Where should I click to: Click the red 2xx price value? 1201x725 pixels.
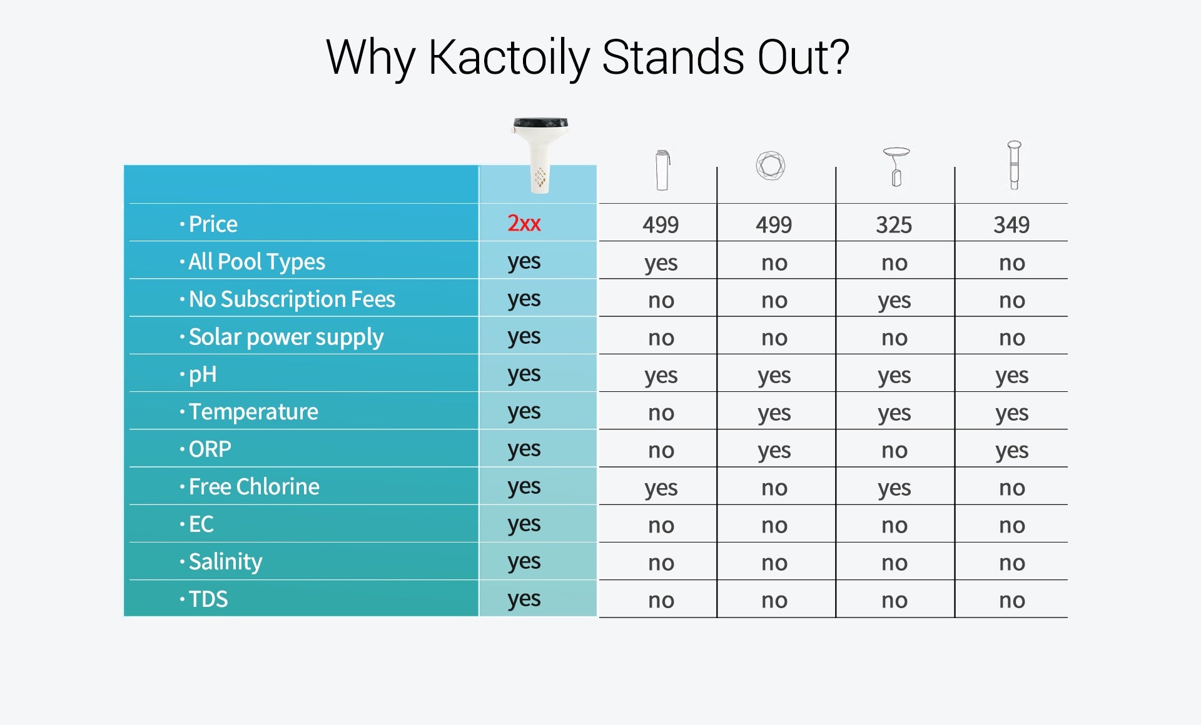[524, 223]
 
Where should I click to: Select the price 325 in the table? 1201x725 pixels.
[894, 224]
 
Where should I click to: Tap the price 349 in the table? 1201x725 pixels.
[1011, 224]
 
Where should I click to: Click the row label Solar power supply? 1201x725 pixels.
[286, 337]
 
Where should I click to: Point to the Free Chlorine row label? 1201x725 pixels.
[254, 486]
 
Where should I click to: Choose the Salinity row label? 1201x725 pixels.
[225, 562]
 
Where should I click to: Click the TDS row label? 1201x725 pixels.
[208, 599]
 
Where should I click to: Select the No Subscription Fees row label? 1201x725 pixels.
[292, 299]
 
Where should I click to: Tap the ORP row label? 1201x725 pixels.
[210, 449]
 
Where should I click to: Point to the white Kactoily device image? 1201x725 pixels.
[540, 155]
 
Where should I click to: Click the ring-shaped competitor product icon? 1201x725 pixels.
[771, 166]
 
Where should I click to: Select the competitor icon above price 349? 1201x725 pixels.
[1014, 165]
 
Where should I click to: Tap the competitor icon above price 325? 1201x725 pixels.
[896, 167]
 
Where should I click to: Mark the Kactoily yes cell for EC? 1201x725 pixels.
[524, 524]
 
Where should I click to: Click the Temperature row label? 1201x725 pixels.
[253, 411]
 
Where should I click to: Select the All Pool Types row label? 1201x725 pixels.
[256, 262]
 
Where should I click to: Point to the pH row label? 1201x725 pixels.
[203, 374]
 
